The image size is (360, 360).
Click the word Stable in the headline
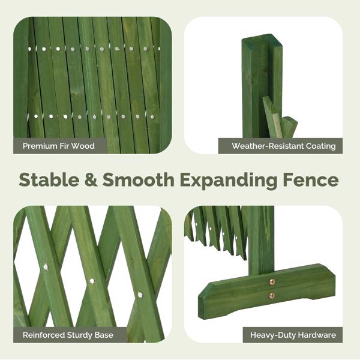49,179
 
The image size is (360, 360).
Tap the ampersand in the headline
91,179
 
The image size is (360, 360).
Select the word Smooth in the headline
138,179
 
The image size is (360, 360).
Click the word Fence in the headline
311,179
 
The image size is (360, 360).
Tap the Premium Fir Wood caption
59,146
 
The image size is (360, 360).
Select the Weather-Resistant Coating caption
284,146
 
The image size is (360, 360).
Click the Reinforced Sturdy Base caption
68,335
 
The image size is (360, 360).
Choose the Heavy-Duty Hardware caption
293,335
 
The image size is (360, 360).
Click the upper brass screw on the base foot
272,282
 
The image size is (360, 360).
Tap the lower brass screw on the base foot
272,296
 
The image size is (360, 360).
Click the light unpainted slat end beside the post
277,125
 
